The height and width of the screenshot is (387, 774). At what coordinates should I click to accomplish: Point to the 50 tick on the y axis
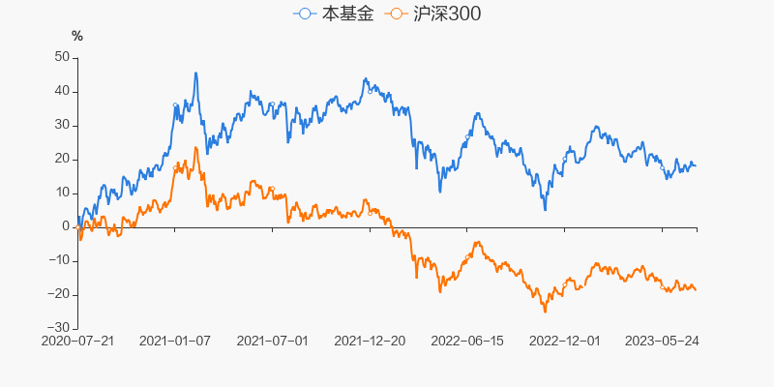pos(61,57)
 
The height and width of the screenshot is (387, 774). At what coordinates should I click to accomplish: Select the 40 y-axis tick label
pos(61,91)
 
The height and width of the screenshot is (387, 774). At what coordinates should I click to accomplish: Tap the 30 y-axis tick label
pos(61,125)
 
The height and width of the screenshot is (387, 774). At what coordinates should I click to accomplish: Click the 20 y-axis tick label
pos(61,159)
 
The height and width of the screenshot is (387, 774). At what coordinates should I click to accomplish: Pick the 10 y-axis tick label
pos(61,193)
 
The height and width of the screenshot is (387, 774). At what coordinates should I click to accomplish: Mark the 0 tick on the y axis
pos(65,226)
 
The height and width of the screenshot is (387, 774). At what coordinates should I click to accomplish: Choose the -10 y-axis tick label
pos(58,260)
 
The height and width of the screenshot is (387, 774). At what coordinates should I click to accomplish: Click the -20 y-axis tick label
pos(58,294)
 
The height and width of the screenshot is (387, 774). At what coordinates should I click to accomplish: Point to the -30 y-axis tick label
pos(58,328)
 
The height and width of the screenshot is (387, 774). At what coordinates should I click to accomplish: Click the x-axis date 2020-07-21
pos(77,342)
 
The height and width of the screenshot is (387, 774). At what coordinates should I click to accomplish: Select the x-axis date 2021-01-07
pos(175,342)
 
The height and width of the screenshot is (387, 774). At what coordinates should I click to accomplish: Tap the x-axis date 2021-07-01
pos(273,342)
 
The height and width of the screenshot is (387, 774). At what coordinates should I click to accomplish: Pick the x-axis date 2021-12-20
pos(371,342)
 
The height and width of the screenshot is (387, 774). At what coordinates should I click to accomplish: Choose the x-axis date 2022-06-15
pos(468,342)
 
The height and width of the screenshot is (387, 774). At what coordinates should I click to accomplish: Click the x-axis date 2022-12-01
pos(566,342)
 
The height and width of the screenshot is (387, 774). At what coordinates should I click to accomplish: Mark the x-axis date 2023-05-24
pos(664,342)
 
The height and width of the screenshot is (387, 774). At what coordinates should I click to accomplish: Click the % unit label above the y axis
pos(77,36)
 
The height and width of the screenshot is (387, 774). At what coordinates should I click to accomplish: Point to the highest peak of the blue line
pos(195,73)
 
